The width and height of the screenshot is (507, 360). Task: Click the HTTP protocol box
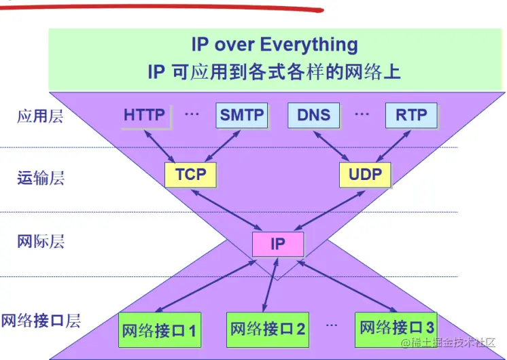point(144,115)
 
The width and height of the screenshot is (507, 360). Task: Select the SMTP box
point(242,115)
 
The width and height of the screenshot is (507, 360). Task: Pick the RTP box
point(411,115)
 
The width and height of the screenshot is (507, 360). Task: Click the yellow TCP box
point(190,175)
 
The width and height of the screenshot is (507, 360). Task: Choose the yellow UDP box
point(365,175)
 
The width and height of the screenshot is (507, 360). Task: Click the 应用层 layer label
point(40,116)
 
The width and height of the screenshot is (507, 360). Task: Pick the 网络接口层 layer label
point(41,321)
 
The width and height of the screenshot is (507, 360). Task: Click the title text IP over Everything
point(274,46)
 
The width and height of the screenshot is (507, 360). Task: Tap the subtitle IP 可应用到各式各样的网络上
point(274,71)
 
